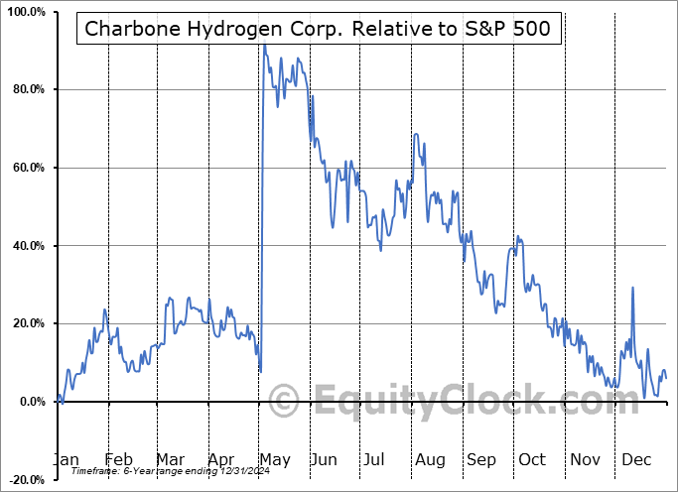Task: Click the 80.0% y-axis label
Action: pos(27,90)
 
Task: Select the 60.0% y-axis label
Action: pos(27,168)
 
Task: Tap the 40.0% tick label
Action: pos(27,246)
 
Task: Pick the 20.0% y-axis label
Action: pos(27,323)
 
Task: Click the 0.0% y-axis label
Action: pos(30,402)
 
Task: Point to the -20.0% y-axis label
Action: pos(25,479)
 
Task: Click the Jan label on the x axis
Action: pos(66,459)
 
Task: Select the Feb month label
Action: pos(118,459)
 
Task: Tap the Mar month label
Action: pos(170,459)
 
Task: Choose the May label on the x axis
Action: pos(273,459)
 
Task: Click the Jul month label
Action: pos(374,459)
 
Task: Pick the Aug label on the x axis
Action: pos(431,459)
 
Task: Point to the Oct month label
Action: pos(532,459)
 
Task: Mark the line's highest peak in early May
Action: pos(264,46)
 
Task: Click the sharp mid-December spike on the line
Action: pos(632,289)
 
